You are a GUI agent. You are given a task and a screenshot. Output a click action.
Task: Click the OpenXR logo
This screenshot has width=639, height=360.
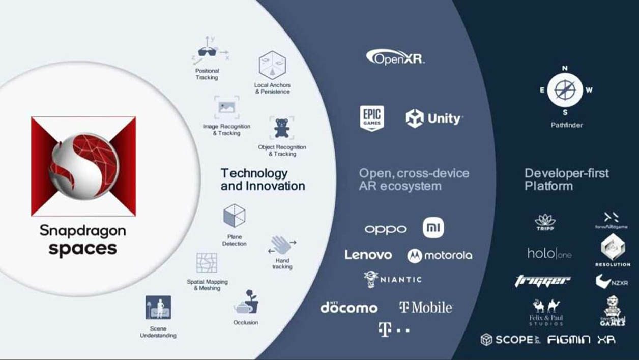[395, 57]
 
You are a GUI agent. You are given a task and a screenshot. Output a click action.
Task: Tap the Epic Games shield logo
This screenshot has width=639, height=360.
[372, 118]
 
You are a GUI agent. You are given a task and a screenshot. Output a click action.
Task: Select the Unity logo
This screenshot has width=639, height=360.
[434, 118]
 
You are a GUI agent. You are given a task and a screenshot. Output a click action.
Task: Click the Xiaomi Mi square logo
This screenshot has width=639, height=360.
[433, 228]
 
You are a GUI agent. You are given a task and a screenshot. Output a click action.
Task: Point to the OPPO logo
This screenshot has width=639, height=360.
[386, 229]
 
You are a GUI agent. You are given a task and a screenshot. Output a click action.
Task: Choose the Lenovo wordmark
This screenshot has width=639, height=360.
[368, 255]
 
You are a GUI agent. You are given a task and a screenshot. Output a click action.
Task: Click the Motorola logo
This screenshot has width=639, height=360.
[440, 255]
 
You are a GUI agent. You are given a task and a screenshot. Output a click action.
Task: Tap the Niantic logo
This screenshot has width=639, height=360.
[393, 279]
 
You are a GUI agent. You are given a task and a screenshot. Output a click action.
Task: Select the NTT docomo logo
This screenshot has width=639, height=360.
[349, 307]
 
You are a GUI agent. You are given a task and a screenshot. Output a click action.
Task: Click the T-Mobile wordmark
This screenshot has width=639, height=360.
[426, 307]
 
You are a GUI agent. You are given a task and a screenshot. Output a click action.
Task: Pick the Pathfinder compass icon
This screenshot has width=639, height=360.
[565, 90]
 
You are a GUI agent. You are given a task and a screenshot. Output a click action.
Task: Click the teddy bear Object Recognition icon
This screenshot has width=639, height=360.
[281, 128]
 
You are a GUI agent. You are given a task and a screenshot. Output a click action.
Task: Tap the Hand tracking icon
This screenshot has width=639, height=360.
[282, 245]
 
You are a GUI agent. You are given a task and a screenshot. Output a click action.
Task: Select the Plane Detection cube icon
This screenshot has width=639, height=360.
[235, 216]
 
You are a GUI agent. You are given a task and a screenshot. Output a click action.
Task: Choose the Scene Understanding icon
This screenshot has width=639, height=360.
[158, 308]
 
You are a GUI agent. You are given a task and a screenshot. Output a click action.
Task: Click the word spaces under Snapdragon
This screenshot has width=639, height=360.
[82, 249]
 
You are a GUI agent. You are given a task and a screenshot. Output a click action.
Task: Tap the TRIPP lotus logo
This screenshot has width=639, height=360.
[545, 222]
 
